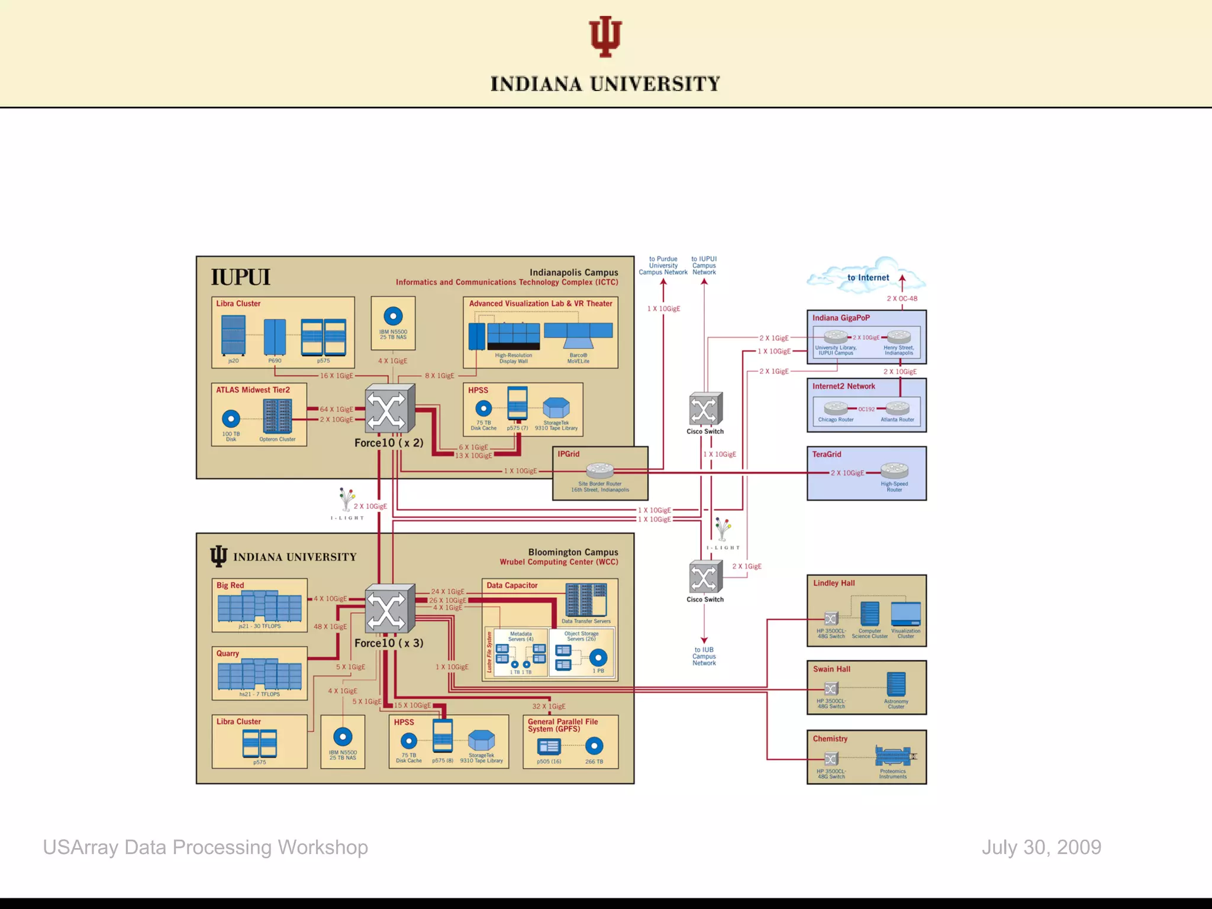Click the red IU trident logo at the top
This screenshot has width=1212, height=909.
[605, 37]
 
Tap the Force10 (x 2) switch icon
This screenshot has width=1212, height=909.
[389, 409]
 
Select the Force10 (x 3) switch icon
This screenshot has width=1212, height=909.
[389, 609]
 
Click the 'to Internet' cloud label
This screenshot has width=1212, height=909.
[868, 278]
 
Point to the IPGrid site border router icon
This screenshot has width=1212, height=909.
[600, 470]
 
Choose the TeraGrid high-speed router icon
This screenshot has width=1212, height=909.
[894, 470]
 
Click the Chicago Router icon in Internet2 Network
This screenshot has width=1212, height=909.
[836, 408]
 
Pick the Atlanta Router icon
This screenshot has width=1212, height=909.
[897, 408]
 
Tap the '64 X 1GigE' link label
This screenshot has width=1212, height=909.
[336, 409]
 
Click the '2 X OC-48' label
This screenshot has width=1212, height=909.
[902, 298]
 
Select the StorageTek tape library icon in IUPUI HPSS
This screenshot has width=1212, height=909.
[556, 408]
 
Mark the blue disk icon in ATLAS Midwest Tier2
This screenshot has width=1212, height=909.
[231, 419]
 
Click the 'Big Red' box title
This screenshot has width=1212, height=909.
[230, 585]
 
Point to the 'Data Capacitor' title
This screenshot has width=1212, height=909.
[512, 585]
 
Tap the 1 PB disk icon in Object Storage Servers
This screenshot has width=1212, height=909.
[598, 658]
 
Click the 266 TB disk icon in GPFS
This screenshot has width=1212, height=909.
[594, 746]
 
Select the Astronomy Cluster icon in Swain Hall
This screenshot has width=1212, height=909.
[896, 685]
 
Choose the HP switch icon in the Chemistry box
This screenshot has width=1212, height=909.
[831, 759]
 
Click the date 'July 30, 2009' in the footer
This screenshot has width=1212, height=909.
[1041, 847]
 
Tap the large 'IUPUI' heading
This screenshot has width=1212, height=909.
[240, 277]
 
